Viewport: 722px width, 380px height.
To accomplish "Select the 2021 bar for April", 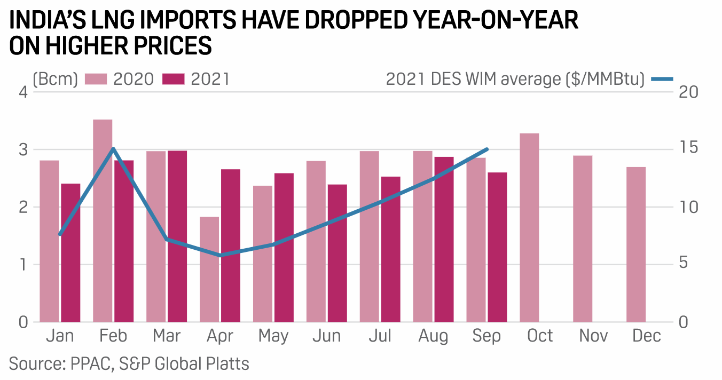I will [230, 246].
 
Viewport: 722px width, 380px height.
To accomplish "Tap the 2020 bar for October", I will [529, 227].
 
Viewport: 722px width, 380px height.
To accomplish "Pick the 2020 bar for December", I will [636, 244].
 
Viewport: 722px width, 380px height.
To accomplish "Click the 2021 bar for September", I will [497, 247].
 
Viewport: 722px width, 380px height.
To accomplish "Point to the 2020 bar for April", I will [209, 269].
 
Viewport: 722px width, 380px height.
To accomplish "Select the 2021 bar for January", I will [70, 252].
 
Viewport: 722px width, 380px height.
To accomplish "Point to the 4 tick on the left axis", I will [22, 92].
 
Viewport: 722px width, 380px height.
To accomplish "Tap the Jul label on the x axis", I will [380, 336].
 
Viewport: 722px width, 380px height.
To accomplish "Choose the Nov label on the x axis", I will [593, 336].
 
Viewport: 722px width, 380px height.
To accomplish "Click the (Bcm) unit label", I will [56, 80].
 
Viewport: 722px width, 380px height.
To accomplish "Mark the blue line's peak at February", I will [113, 149].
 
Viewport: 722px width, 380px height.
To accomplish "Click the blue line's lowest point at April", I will [220, 255].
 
